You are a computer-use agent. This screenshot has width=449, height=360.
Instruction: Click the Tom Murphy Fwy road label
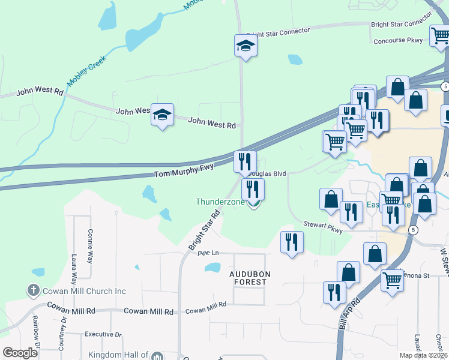coord(184,170)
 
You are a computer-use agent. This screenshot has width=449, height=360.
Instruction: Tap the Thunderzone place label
coord(220,202)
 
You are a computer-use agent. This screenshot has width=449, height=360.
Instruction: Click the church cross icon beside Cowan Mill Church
coord(33,291)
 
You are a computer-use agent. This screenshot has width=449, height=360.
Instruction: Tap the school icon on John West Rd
coord(162,115)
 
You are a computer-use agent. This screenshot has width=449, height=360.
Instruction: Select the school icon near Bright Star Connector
coord(245,45)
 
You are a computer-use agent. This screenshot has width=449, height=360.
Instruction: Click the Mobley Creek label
coord(85,70)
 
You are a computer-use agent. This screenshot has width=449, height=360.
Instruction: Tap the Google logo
coord(20,353)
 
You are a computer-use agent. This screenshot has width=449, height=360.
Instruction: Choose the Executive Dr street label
coord(103,334)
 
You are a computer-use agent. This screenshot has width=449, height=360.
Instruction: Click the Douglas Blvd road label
coord(268,173)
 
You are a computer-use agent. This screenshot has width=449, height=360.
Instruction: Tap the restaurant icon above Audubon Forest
coord(292,242)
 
